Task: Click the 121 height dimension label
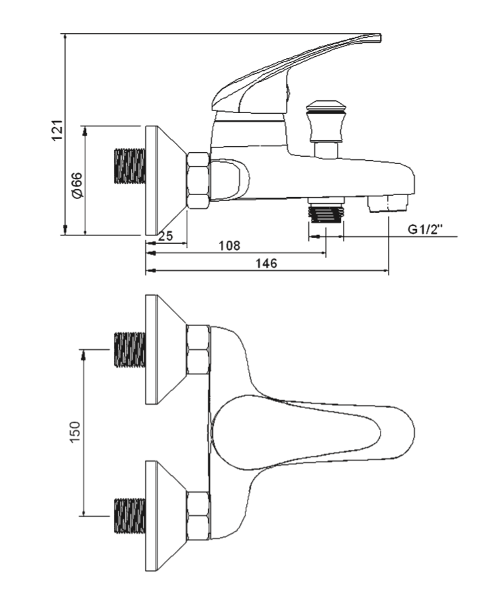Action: [x=57, y=130]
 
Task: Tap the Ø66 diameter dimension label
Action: [x=77, y=185]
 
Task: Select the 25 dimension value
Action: [x=165, y=236]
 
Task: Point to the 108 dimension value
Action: [x=229, y=245]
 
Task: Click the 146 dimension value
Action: [x=266, y=263]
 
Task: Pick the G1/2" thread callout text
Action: [x=426, y=229]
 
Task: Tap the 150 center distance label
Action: [x=75, y=432]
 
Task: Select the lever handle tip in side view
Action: [x=378, y=38]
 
